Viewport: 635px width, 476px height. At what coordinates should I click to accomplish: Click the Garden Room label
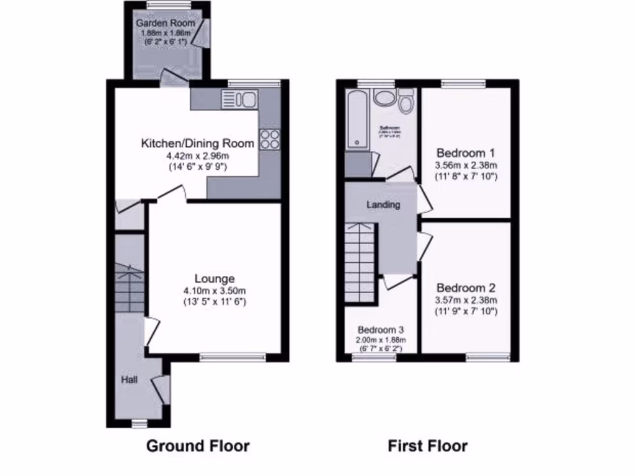(166, 24)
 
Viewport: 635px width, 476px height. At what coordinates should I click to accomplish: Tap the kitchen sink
(239, 99)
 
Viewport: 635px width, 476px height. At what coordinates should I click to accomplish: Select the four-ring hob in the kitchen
(270, 139)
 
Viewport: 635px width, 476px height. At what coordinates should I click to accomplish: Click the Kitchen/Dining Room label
(198, 144)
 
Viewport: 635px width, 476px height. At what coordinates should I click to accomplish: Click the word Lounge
(215, 279)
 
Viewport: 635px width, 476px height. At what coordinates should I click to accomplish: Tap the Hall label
(130, 379)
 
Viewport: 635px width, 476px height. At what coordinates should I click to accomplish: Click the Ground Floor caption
(198, 446)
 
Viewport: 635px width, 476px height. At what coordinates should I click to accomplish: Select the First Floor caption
(428, 446)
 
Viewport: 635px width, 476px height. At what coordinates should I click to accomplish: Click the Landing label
(383, 205)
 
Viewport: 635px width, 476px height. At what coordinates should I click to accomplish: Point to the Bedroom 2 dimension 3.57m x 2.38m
(466, 301)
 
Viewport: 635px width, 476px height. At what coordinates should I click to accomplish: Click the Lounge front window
(233, 356)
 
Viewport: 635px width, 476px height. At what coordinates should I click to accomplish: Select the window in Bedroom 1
(463, 82)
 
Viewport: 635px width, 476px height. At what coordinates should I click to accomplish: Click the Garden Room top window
(168, 4)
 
